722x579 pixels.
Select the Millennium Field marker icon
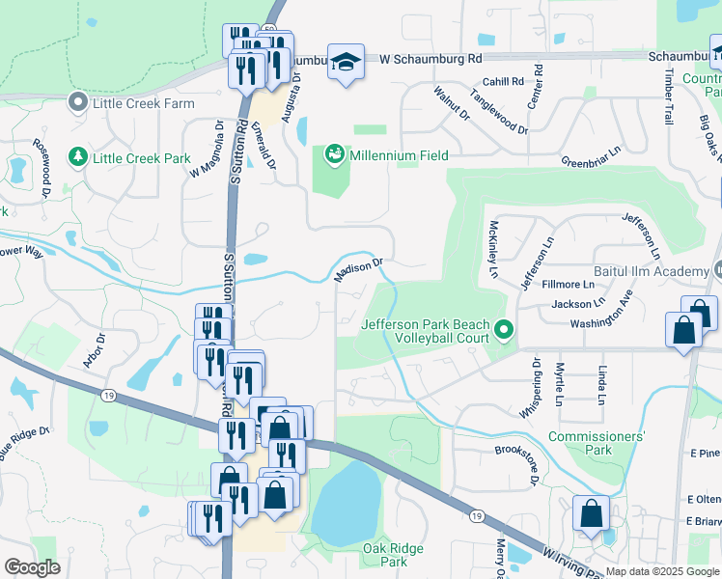(335, 154)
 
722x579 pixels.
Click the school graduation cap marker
(346, 62)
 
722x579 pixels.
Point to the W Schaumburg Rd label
(430, 59)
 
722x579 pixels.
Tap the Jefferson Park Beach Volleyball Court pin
(503, 332)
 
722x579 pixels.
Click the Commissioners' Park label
(596, 443)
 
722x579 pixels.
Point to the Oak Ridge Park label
(393, 554)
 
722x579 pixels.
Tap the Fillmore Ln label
(569, 285)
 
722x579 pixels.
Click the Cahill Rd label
(503, 82)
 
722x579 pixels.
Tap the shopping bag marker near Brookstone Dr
(591, 513)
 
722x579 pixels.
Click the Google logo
(32, 567)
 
